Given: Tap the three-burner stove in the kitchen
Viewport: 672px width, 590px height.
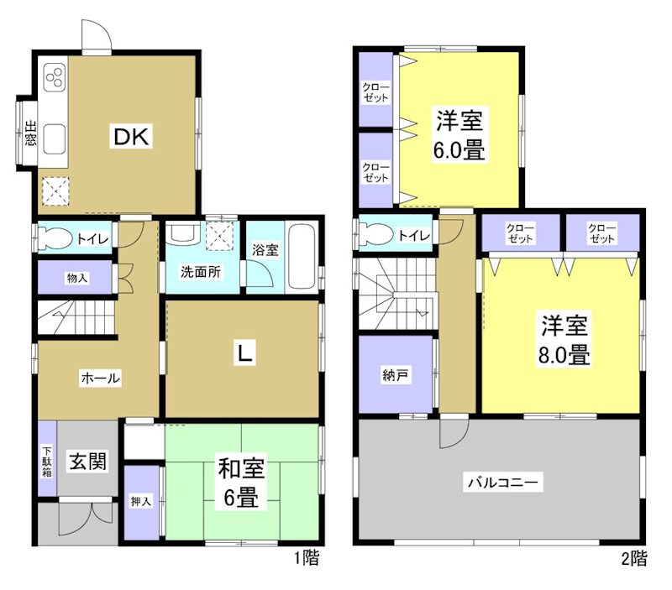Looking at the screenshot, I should [54, 78].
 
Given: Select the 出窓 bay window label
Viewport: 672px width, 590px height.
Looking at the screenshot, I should [29, 135].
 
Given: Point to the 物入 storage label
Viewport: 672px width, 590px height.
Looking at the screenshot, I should [76, 278].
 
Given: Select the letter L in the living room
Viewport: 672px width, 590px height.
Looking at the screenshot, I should [243, 356].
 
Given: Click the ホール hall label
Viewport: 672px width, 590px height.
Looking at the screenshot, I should [100, 379].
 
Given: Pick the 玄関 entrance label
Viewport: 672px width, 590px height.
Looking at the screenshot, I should [88, 461].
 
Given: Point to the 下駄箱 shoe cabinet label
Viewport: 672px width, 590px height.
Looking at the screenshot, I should [47, 460].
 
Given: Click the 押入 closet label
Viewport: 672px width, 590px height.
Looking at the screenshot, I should [140, 501].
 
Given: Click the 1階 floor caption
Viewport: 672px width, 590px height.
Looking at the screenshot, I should [306, 556].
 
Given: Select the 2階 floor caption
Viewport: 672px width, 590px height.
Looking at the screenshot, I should [634, 556].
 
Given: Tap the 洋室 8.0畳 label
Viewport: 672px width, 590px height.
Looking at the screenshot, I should [563, 339].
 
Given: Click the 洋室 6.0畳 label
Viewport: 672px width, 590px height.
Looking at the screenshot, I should [459, 136].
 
